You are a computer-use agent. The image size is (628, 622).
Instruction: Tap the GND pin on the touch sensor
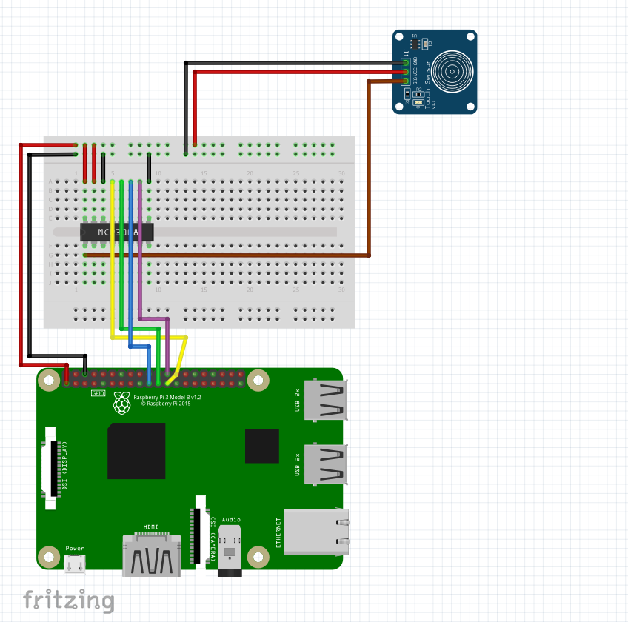click(x=407, y=63)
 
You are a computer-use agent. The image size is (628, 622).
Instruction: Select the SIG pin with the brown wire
click(x=407, y=81)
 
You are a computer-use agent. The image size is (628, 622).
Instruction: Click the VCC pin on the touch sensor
click(x=407, y=72)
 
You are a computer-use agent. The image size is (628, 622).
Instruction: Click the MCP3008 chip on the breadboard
click(x=116, y=232)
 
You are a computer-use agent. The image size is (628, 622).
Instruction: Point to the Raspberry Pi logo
click(x=121, y=404)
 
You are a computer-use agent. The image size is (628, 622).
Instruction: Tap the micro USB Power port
click(x=75, y=564)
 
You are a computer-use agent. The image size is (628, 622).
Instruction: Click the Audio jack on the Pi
click(x=231, y=552)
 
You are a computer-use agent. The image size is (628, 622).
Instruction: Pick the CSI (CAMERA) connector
click(x=199, y=529)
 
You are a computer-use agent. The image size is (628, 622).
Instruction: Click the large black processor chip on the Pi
click(x=136, y=451)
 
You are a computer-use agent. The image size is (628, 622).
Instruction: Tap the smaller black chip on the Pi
click(x=261, y=445)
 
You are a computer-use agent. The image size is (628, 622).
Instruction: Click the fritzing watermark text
click(x=68, y=600)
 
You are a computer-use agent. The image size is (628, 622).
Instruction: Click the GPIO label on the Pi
click(x=98, y=393)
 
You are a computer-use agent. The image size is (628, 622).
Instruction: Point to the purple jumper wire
click(x=140, y=244)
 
